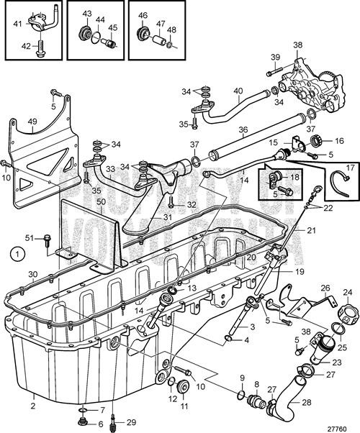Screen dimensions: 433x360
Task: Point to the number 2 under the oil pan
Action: (x=32, y=396)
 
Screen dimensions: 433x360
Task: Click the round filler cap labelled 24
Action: (x=348, y=313)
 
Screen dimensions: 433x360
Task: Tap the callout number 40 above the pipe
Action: (x=238, y=91)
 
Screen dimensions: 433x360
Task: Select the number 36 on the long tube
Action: (x=243, y=132)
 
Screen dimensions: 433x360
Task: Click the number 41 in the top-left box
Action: (x=17, y=24)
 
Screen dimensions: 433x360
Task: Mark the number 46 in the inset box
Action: (x=143, y=14)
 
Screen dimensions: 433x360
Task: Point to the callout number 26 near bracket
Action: (x=325, y=288)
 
